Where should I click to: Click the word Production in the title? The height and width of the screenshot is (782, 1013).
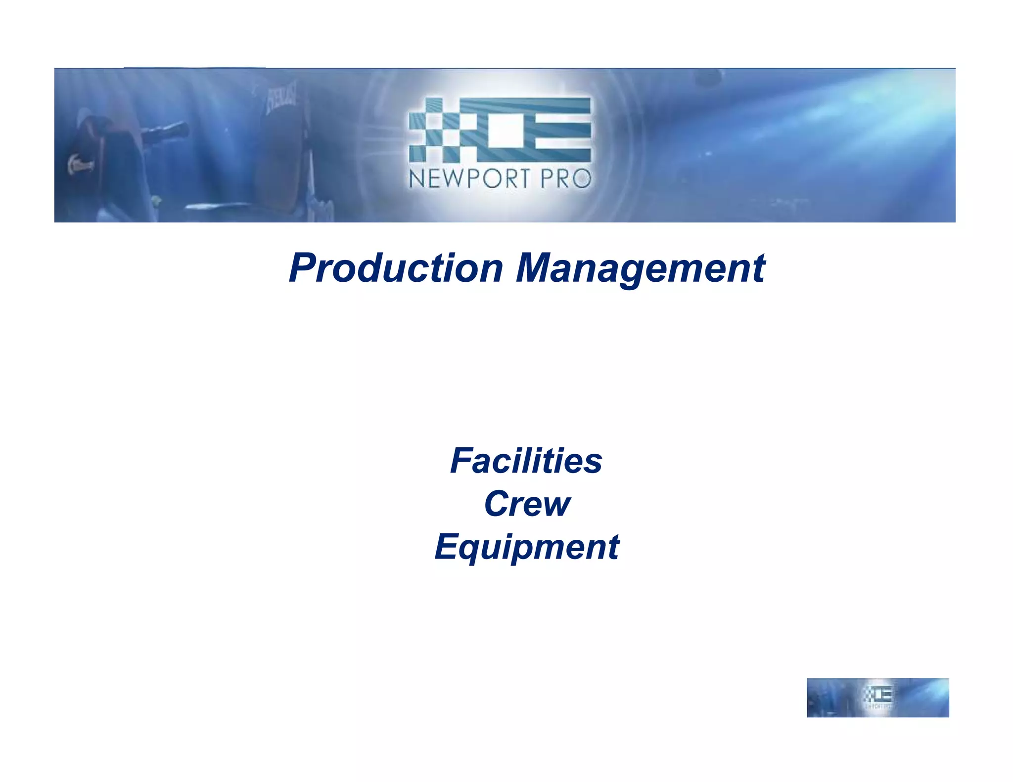coord(396,268)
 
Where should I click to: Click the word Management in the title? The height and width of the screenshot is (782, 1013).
coord(640,268)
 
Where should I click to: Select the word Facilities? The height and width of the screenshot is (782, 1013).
coord(526,461)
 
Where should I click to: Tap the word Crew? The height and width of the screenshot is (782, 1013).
coord(527,504)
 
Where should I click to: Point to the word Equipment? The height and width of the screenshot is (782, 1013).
coord(526,547)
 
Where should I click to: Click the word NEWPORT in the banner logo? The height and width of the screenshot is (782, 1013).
coord(470,179)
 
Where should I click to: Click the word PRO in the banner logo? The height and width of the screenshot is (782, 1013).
coord(566,179)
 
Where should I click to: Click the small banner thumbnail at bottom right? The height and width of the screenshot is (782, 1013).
coord(877,697)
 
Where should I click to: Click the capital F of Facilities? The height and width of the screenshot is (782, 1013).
coord(462,461)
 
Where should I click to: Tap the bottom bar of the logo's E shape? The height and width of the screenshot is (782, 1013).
coord(559,155)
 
